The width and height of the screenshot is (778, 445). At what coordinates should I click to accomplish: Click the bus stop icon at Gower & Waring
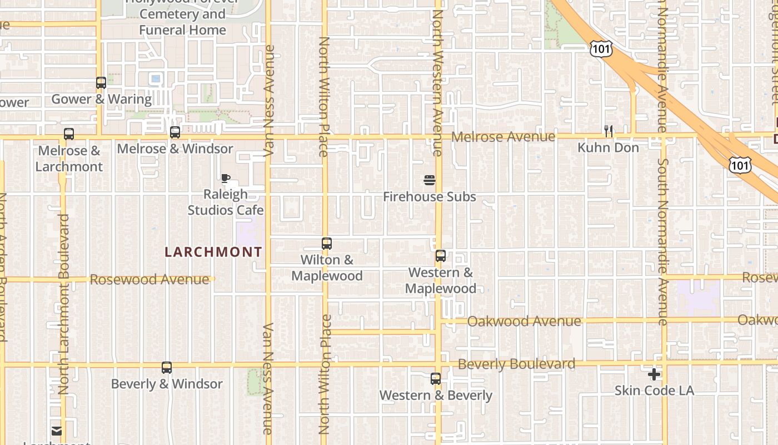tap(101, 83)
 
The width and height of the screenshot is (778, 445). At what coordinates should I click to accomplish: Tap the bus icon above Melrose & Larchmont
tap(69, 134)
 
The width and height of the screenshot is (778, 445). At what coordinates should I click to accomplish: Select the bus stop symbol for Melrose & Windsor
tap(175, 132)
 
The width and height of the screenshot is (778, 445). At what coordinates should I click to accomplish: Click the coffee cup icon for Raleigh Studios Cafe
tap(225, 179)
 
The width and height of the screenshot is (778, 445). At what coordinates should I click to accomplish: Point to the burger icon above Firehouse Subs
tap(429, 180)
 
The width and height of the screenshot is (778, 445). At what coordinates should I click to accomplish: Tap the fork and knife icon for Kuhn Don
tap(609, 131)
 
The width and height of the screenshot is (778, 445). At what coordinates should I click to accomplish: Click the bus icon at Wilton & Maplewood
tap(327, 244)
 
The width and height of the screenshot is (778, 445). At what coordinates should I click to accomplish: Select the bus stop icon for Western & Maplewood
tap(441, 256)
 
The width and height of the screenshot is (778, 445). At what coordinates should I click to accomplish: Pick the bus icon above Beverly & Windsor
tap(167, 368)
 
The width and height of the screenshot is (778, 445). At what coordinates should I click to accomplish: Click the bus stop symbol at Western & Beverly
tap(436, 379)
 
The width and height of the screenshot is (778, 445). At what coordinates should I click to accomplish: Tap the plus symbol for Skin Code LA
tap(654, 374)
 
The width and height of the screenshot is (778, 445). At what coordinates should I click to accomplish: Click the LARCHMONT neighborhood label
tap(213, 252)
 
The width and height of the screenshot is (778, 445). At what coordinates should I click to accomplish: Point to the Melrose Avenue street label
tap(503, 137)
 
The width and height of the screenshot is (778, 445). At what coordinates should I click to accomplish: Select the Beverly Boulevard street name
tap(516, 364)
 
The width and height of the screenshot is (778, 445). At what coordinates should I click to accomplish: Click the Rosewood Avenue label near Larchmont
tap(149, 279)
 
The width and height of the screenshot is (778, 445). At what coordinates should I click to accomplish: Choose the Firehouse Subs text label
tap(430, 197)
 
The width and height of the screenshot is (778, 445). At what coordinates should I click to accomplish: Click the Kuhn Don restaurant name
tap(609, 148)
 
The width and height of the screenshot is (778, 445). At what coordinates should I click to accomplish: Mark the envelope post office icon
tap(57, 431)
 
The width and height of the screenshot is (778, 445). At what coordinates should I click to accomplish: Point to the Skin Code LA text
tap(654, 390)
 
